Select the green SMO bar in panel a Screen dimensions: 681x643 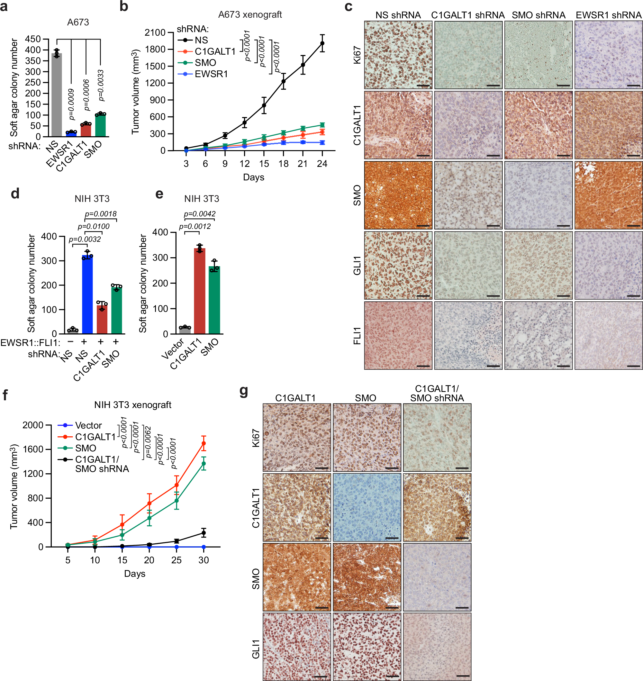click(100, 125)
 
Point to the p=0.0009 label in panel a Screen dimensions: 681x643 click(71, 104)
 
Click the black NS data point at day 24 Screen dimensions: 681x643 click(322, 43)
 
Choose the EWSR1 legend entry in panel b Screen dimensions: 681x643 click(211, 74)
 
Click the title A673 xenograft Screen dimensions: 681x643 click(250, 15)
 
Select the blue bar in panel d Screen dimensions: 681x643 click(87, 295)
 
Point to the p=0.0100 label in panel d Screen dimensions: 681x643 click(94, 227)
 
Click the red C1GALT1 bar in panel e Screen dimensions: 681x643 click(199, 291)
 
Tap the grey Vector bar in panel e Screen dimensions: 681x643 click(185, 330)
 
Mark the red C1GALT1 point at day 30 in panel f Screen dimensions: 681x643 click(204, 443)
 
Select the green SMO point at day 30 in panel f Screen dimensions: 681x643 click(204, 464)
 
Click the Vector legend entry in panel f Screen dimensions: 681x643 click(88, 425)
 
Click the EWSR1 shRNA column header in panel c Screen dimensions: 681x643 click(608, 15)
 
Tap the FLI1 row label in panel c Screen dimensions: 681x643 click(357, 336)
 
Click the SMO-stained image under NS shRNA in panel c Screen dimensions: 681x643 click(398, 195)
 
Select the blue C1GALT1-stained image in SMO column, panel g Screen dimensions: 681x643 click(367, 507)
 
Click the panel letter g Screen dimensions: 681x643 click(244, 390)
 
